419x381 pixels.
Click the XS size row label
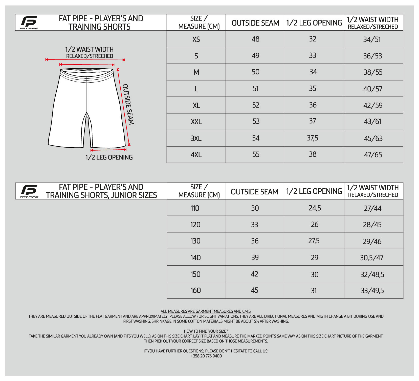[196, 39]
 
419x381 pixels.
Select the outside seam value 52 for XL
[256, 105]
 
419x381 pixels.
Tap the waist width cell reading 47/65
[373, 155]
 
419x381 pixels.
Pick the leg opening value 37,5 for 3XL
[313, 138]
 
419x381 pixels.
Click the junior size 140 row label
[195, 258]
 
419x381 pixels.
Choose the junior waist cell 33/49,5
[372, 291]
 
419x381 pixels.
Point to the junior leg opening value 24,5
[315, 208]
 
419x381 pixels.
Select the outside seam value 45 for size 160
[255, 290]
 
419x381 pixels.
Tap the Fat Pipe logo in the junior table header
[29, 191]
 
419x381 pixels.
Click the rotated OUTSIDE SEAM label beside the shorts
[128, 104]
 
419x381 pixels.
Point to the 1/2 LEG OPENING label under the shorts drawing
[109, 157]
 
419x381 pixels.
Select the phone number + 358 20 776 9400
[206, 356]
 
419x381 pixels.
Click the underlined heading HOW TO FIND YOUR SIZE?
[206, 331]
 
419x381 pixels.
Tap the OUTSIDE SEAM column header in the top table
[255, 23]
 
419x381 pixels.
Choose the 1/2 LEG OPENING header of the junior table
[314, 191]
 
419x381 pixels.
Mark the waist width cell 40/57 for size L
[373, 89]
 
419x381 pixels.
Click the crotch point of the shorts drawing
[87, 113]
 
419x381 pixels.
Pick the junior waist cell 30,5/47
[372, 258]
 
